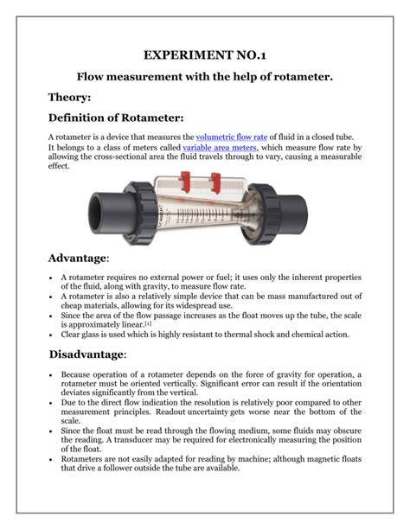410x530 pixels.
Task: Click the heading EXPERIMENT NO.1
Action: click(x=205, y=54)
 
